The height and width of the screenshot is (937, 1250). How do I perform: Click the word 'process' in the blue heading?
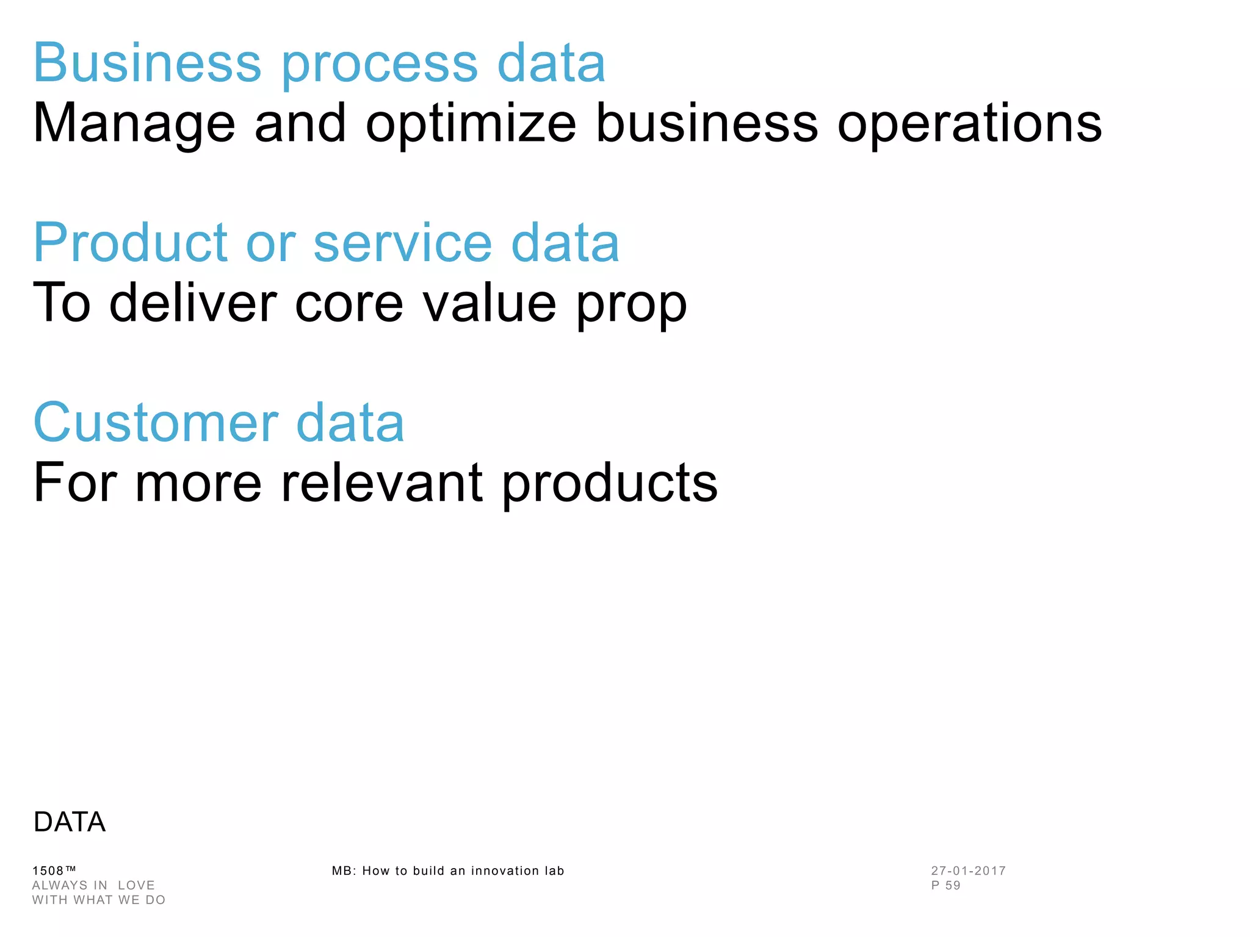coord(379,65)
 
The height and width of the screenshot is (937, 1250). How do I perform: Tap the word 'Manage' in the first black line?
coord(134,124)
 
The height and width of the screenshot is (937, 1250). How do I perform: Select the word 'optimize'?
coord(471,124)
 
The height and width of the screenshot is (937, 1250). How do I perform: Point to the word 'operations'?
coord(969,124)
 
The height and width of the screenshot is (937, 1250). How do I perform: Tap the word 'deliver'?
coord(193,303)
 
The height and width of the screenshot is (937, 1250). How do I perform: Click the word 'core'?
coord(349,303)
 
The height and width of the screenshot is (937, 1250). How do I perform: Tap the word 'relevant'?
coord(381,483)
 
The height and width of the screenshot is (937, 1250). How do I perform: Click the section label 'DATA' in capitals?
coord(70,822)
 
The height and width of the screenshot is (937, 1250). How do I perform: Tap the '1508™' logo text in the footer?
coord(54,871)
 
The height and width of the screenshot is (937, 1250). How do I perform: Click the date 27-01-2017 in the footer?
coord(968,871)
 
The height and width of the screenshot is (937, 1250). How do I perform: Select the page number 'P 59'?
coord(945,885)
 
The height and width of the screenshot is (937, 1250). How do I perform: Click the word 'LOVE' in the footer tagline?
coord(136,885)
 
